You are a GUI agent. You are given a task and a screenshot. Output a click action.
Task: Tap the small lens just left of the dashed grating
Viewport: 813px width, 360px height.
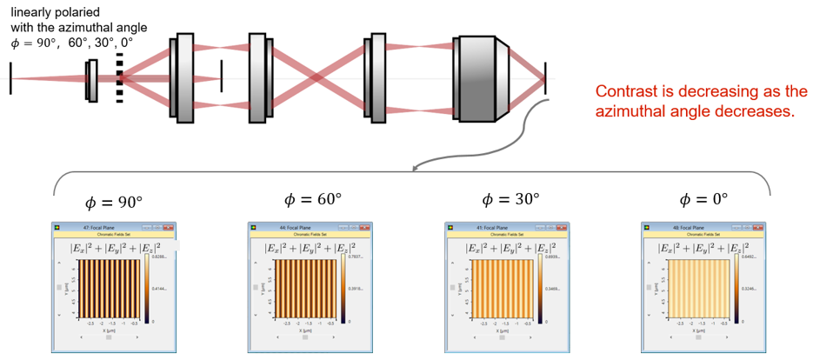(90, 80)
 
